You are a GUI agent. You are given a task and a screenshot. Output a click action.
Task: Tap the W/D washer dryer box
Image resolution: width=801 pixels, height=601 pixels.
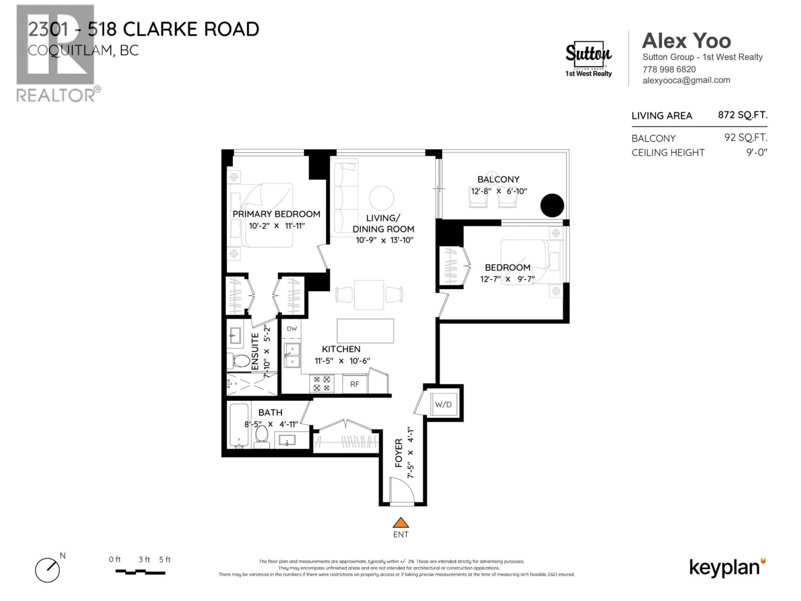click(x=443, y=404)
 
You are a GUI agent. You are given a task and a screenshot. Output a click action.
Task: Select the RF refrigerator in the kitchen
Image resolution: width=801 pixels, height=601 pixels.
click(x=355, y=384)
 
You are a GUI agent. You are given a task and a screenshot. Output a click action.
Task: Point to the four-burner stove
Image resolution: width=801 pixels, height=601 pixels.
click(x=322, y=384)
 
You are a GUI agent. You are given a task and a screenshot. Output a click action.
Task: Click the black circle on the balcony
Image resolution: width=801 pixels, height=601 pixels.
click(x=552, y=205)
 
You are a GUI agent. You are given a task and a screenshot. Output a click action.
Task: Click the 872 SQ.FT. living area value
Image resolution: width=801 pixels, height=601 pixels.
click(x=742, y=115)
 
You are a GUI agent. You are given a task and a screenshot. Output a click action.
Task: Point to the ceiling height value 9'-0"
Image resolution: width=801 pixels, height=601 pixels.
click(x=756, y=153)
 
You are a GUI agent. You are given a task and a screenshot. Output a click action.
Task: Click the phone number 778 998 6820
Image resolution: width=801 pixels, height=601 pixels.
click(x=669, y=69)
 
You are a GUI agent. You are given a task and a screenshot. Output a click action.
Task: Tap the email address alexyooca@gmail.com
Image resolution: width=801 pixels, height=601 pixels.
click(x=686, y=80)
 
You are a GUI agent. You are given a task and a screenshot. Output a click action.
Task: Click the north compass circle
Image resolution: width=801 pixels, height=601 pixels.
click(x=47, y=570)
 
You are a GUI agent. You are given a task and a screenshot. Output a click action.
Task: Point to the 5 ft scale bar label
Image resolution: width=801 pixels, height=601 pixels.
click(x=165, y=559)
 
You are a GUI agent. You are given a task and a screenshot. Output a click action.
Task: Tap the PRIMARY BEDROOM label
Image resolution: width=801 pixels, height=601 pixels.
click(x=276, y=214)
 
